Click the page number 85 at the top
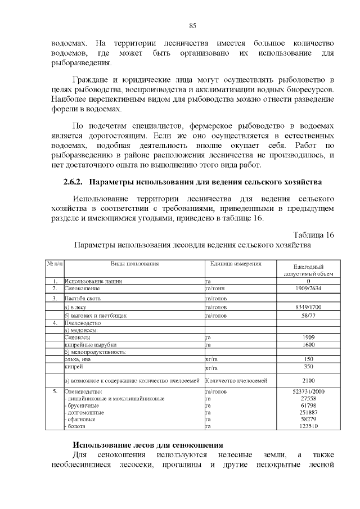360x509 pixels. (192, 26)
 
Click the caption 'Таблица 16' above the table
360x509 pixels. (313, 235)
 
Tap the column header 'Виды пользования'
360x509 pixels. (134, 263)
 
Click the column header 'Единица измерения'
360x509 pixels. (236, 263)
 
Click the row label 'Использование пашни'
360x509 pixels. (93, 281)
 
